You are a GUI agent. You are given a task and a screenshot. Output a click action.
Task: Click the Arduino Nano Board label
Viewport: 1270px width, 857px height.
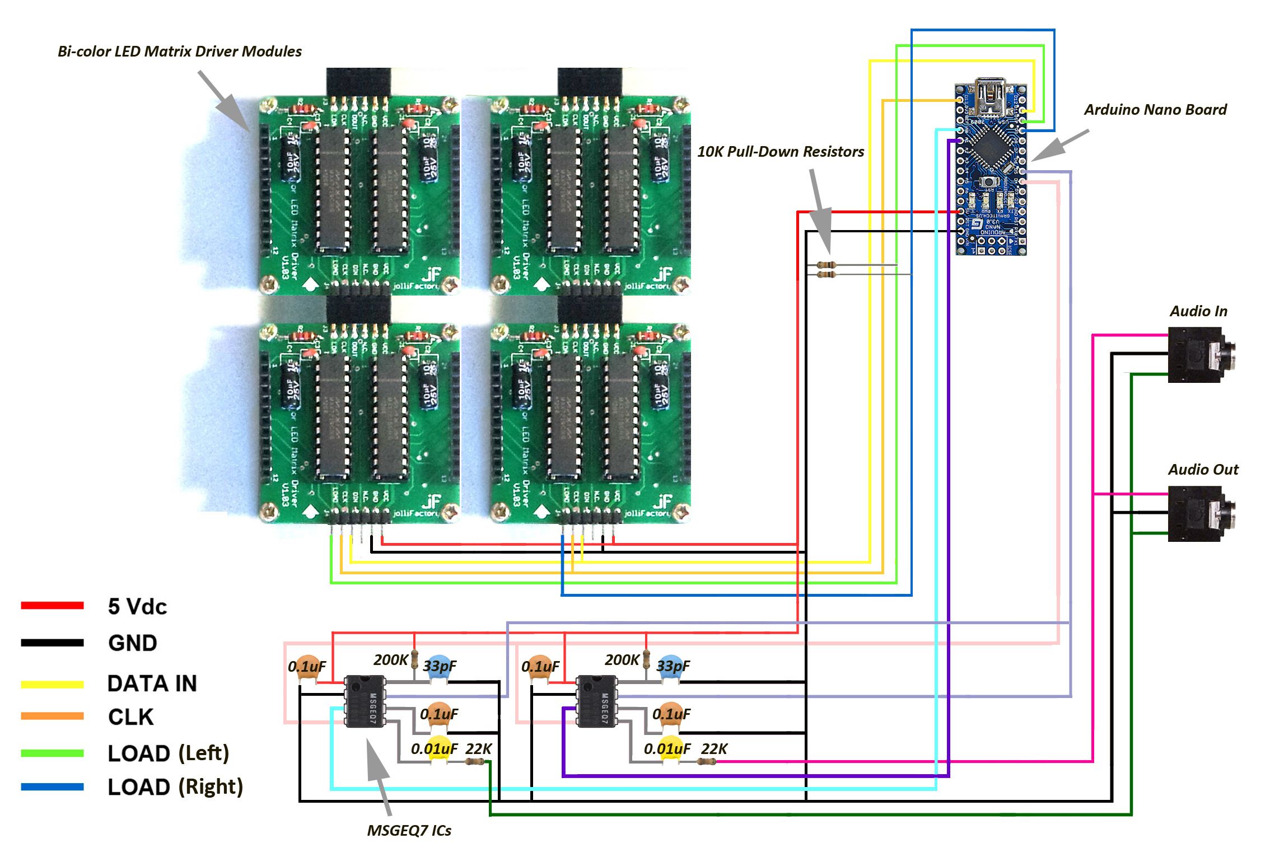tap(1155, 110)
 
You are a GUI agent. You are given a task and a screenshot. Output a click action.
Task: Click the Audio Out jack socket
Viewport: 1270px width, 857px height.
tap(1198, 514)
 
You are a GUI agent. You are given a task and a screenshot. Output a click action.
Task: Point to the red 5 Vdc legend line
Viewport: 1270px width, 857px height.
tap(52, 606)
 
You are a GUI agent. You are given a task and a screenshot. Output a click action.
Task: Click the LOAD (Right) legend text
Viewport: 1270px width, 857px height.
tap(175, 787)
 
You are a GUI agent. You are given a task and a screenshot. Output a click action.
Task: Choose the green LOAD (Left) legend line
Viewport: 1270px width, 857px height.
tap(52, 753)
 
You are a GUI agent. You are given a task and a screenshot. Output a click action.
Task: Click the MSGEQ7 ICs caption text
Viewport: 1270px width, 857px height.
tap(409, 831)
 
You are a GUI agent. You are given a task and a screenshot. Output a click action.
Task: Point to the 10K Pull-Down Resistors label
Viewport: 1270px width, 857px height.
tap(780, 152)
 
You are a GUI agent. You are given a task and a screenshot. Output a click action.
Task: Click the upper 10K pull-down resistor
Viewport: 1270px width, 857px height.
tap(826, 265)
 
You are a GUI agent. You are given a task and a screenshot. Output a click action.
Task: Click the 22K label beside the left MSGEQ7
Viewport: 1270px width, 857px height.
tap(479, 749)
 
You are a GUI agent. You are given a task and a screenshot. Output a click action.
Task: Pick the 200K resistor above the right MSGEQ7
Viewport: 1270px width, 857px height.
tap(646, 660)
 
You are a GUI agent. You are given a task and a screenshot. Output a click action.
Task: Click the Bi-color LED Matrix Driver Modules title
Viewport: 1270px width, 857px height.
tap(179, 51)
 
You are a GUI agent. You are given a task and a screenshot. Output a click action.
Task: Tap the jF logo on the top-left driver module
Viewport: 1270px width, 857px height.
tap(431, 274)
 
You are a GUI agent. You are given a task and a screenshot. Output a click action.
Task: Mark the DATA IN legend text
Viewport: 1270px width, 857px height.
tap(152, 683)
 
